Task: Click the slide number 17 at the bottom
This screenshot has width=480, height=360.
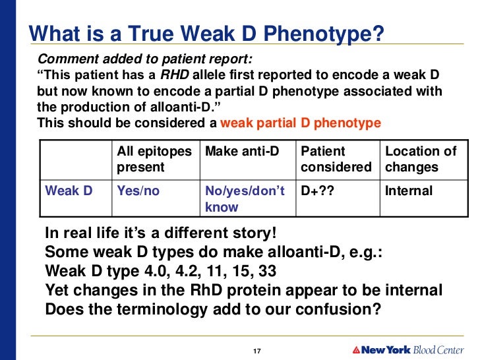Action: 258,350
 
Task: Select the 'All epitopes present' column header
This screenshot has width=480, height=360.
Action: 154,159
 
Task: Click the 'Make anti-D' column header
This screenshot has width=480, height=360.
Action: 243,152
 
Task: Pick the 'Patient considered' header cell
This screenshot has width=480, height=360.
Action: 336,159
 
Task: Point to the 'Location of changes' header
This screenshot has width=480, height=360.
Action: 421,159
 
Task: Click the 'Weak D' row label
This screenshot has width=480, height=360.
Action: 69,191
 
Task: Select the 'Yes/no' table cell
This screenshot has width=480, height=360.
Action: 138,191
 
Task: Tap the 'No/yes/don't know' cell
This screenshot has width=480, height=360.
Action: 245,199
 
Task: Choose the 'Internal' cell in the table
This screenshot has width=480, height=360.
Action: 409,191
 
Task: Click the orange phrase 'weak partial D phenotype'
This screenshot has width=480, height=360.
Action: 300,123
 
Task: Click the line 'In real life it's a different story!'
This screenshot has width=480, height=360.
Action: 161,234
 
